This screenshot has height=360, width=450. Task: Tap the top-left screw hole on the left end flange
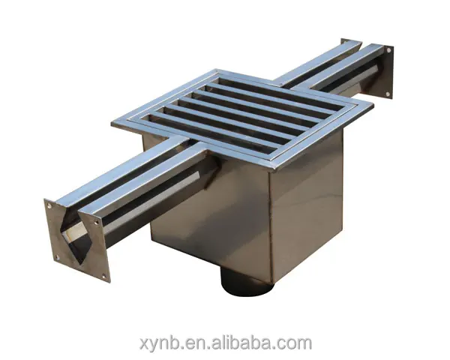pyautogui.click(x=49, y=203)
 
